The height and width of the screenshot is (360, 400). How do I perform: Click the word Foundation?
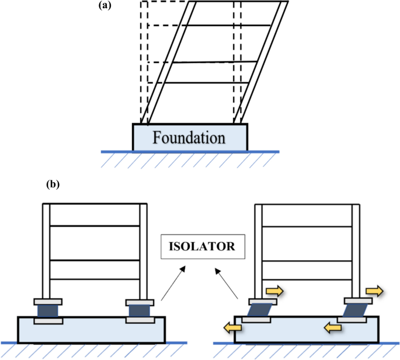tap(189, 138)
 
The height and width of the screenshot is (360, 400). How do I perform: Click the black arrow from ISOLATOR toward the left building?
tap(173, 284)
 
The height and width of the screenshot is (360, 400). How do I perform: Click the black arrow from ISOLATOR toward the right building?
tap(228, 284)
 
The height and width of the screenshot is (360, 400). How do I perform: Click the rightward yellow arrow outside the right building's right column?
tap(373, 289)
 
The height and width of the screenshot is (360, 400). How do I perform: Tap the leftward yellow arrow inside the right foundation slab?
tap(332, 328)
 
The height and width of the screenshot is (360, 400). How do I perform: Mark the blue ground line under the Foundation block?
tap(190, 152)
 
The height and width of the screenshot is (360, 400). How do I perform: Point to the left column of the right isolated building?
tap(259, 251)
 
